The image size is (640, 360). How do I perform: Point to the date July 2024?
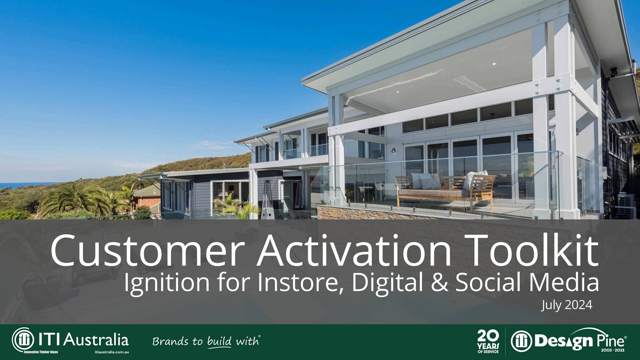pyautogui.click(x=567, y=305)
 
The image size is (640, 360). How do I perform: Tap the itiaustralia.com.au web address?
pyautogui.click(x=112, y=352)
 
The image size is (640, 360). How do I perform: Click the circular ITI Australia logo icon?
pyautogui.click(x=23, y=340)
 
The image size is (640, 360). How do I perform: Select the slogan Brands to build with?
pyautogui.click(x=206, y=341)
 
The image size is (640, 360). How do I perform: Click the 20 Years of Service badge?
pyautogui.click(x=488, y=342)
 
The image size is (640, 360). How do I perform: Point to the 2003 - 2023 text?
pyautogui.click(x=612, y=351)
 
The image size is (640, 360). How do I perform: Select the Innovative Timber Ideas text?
pyautogui.click(x=41, y=352)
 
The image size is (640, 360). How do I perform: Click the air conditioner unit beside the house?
pyautogui.click(x=626, y=205)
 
